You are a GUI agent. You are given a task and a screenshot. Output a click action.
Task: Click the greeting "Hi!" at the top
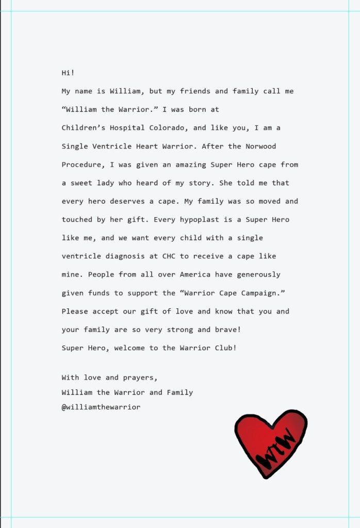tap(68, 73)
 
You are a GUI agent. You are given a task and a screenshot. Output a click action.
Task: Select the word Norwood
tap(261, 146)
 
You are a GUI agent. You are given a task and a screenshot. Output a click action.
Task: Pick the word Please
tap(74, 311)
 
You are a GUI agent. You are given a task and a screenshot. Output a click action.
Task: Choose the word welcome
tap(129, 348)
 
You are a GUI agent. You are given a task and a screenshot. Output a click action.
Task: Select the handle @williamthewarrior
tap(101, 407)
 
